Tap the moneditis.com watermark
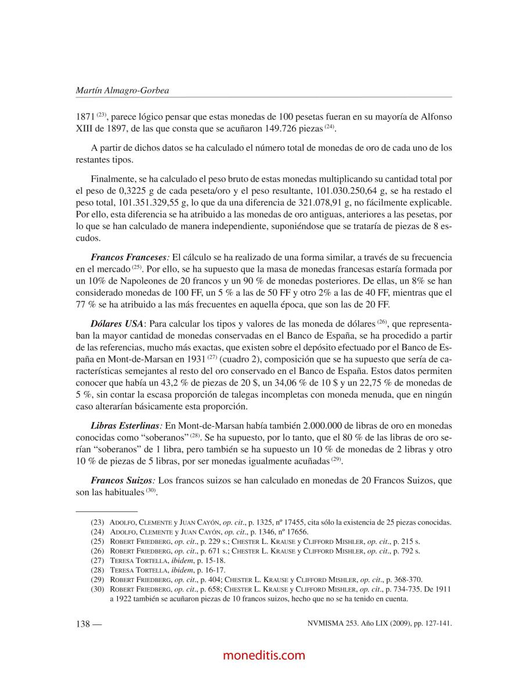coord(263,655)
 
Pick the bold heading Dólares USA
coord(117,323)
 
